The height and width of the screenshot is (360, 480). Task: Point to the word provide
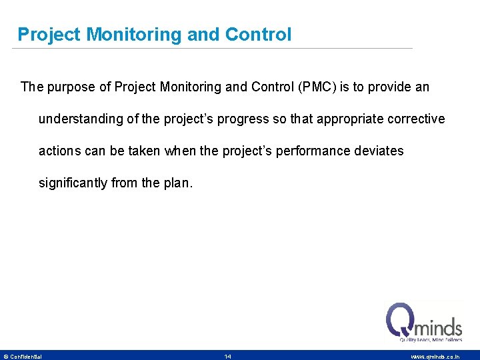(x=388, y=87)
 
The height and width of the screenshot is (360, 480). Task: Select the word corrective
(x=417, y=119)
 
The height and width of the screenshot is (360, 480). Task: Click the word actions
(x=59, y=151)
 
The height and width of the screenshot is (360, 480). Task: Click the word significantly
(x=73, y=183)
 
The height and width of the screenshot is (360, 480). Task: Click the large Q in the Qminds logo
(x=402, y=320)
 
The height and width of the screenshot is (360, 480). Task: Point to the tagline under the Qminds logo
(x=430, y=339)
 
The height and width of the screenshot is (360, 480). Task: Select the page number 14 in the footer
(x=228, y=357)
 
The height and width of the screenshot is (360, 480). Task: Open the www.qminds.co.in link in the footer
(x=435, y=357)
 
